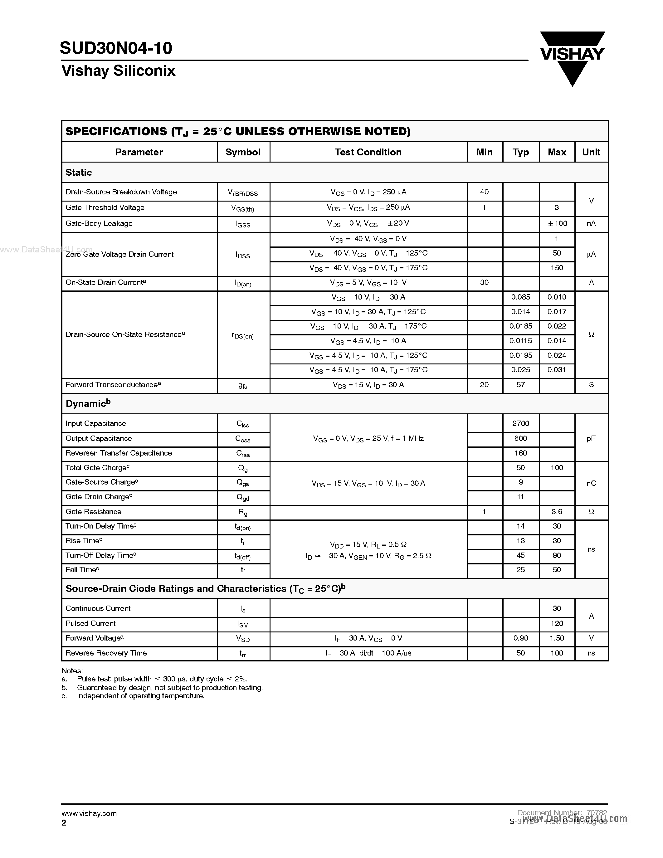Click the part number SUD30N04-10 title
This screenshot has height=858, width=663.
coord(116,48)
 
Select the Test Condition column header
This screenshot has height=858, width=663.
coord(368,153)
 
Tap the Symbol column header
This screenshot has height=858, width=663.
coord(243,153)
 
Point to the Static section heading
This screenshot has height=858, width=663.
coord(79,173)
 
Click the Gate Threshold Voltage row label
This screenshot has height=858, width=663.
coord(105,208)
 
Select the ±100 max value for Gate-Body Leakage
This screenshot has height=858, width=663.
coord(557,223)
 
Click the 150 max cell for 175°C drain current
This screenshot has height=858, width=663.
coord(557,268)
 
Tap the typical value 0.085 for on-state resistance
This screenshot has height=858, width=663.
coord(520,297)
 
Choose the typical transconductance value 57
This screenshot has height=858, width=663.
coord(520,385)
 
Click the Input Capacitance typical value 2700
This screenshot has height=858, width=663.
coord(520,423)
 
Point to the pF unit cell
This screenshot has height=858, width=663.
coord(591,438)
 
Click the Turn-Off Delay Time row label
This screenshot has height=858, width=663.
coord(101,555)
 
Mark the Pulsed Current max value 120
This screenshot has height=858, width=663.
coord(557,623)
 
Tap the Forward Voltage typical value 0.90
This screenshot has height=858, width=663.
coord(520,638)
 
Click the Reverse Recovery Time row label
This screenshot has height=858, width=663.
coord(106,653)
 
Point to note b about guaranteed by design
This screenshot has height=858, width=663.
coord(170,688)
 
